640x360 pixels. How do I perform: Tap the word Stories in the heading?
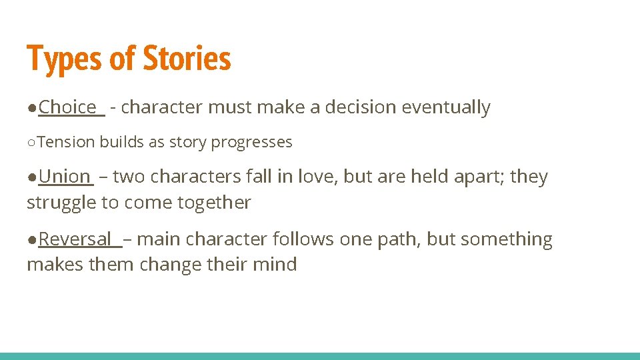pos(187,59)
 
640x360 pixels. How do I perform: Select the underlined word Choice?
pos(67,107)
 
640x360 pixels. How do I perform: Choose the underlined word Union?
pos(64,177)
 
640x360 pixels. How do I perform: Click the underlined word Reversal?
pos(75,239)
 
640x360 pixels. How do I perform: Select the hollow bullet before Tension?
pos(32,143)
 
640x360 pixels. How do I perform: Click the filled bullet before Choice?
pos(32,108)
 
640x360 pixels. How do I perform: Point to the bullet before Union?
pos(32,177)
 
